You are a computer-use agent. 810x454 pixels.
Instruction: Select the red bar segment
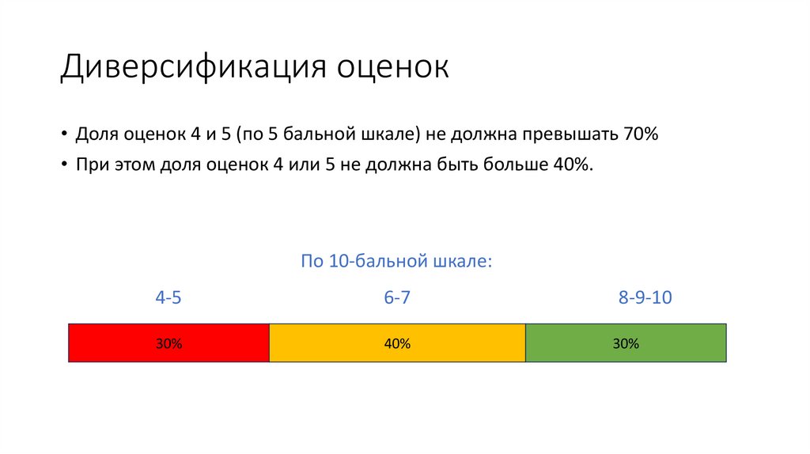coord(119,343)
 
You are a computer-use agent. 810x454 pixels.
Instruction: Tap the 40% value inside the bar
coord(397,344)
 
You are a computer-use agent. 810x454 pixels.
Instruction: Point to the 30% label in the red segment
coord(169,344)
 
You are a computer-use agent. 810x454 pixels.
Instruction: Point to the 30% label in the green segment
coord(626,344)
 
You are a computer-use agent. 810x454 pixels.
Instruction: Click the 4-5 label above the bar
coord(168,298)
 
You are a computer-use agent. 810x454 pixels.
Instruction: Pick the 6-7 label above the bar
coord(397,298)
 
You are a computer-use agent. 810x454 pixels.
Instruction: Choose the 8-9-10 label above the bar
coord(645,298)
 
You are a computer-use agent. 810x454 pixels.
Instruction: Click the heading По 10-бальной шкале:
coord(396,261)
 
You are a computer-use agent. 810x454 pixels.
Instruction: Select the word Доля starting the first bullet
coord(96,134)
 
